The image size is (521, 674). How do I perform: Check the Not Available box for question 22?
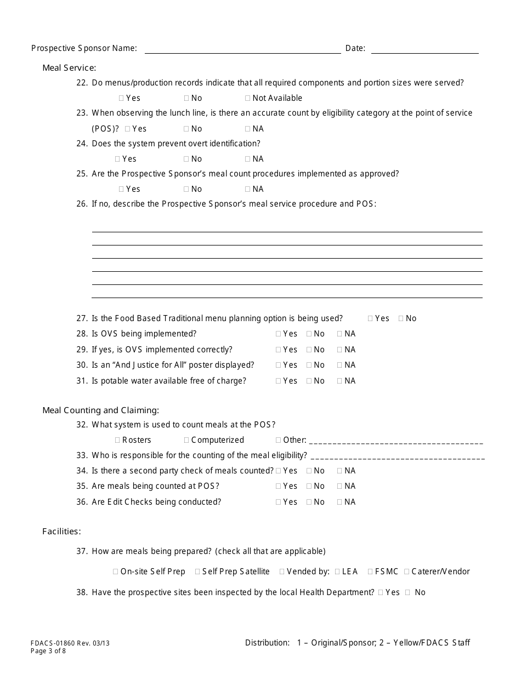point(248,99)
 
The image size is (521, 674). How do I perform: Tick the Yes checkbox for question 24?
point(118,159)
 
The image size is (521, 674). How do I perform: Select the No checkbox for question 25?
point(187,190)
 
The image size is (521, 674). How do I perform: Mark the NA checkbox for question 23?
point(248,129)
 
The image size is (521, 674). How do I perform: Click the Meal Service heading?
point(69,68)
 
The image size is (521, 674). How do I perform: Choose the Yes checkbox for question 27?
point(371,319)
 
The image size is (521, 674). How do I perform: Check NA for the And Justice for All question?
point(340,365)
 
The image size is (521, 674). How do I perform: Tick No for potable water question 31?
point(309,381)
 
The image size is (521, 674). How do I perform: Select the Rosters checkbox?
point(118,441)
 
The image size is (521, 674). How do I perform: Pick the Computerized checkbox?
point(187,441)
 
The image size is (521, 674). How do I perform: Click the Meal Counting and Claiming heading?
point(101,410)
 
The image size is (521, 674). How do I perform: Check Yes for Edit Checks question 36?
point(279,502)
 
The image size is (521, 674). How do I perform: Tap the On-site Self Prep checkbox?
point(116,572)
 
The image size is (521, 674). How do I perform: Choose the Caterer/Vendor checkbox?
point(407,572)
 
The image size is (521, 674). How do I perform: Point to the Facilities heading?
point(61,532)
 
